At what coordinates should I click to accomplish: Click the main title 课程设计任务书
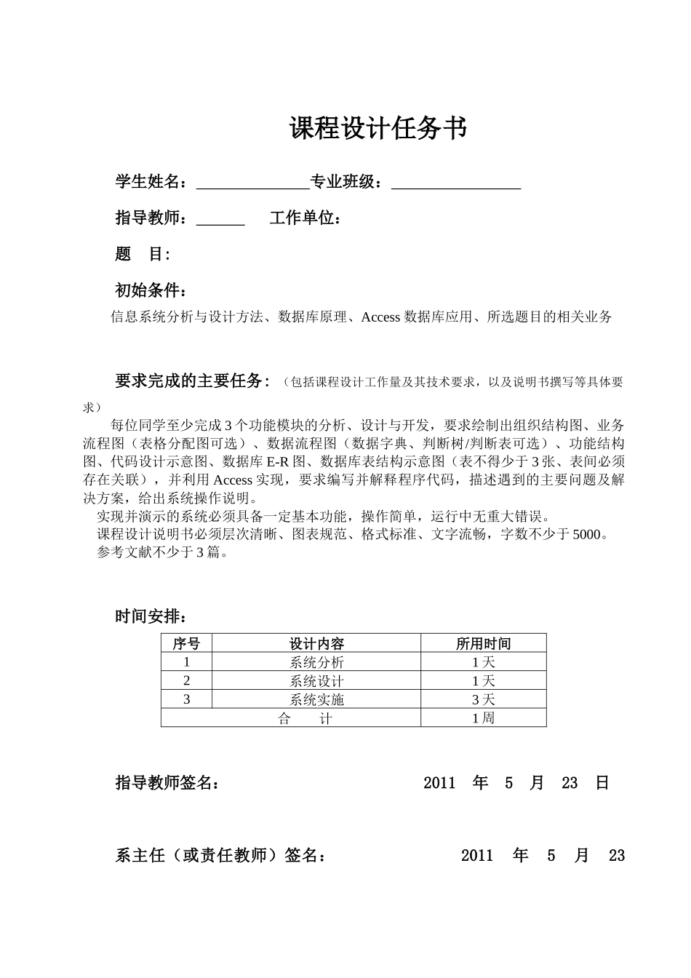coord(378,129)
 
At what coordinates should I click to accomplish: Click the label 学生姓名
coord(151,182)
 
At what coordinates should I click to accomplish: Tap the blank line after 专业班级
coord(456,183)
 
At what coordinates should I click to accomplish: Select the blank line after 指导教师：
coord(220,220)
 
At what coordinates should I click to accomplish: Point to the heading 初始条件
coord(151,290)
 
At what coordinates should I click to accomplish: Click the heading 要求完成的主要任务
coord(192,381)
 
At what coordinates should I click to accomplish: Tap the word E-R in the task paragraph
coord(278,461)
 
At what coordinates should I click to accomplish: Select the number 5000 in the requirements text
coord(586,535)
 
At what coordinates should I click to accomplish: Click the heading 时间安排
coord(151,616)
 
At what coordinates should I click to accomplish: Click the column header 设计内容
coord(316,643)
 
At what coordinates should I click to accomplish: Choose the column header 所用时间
coord(483,643)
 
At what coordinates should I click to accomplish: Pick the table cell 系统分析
coord(316,662)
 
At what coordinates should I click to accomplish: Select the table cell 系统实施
coord(316,699)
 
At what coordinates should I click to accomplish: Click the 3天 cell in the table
coord(483,699)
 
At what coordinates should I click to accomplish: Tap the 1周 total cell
coord(483,718)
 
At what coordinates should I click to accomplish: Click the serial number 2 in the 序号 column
coord(187,681)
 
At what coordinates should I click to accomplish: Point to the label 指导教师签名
coord(167,783)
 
